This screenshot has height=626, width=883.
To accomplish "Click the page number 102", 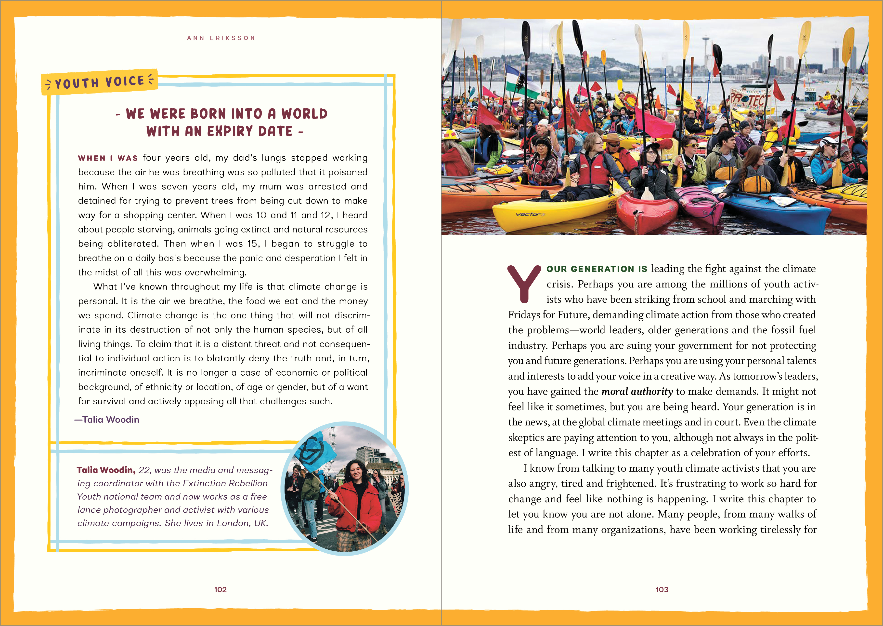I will [220, 589].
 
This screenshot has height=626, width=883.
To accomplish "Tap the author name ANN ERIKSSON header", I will [221, 38].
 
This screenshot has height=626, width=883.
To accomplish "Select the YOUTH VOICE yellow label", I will [99, 82].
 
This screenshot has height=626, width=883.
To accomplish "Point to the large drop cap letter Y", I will [524, 284].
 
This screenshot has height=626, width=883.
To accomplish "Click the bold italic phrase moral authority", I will [637, 392].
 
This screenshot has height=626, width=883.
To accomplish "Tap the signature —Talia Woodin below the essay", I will [107, 419].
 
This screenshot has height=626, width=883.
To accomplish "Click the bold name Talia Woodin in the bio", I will [106, 470].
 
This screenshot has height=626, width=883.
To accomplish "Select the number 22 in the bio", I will [144, 470].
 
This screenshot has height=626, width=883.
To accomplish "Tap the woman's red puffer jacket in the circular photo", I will [354, 501].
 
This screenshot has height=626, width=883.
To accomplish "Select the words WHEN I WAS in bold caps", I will [108, 158].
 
